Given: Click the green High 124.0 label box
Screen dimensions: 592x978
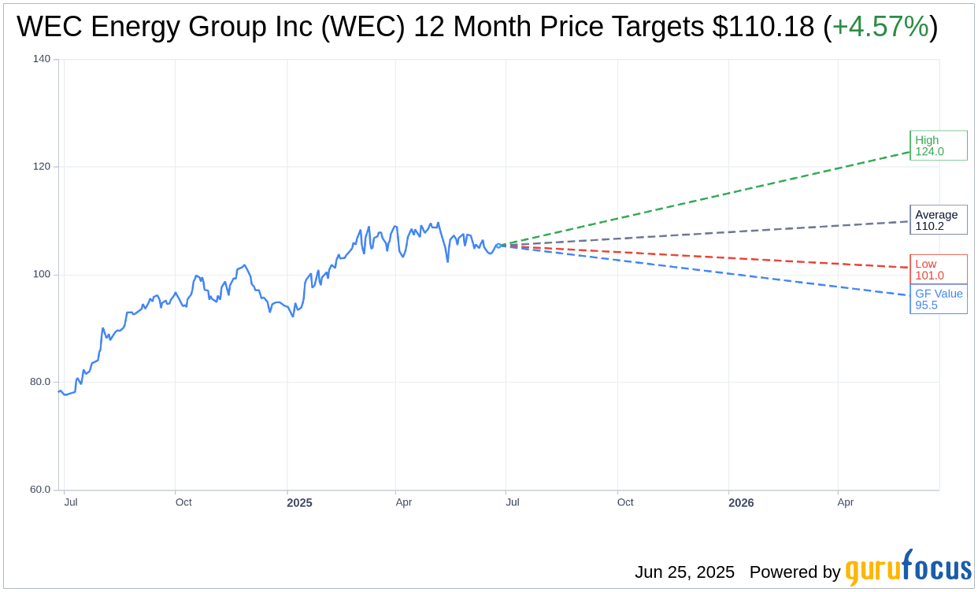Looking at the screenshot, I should point(938,146).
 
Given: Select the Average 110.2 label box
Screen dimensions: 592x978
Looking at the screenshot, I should point(938,220).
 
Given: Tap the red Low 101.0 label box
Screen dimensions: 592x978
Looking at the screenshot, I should point(938,269).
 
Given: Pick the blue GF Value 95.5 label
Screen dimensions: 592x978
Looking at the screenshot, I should point(938,299).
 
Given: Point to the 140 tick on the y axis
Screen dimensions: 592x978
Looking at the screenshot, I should point(41,59).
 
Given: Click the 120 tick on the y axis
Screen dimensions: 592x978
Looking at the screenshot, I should point(41,167).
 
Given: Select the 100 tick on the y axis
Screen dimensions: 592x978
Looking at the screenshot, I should point(41,275).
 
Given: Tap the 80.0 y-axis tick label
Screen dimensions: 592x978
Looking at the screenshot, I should point(39,382).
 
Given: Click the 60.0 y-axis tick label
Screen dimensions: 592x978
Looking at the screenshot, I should point(39,490).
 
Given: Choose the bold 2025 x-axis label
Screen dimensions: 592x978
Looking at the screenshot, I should point(299,503).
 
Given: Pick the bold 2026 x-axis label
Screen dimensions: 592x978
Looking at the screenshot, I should point(741,503).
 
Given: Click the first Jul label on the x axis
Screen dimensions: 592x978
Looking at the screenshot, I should point(71,502).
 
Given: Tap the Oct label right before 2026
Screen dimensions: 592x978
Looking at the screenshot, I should point(625,502).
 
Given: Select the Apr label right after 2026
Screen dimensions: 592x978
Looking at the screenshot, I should point(845,502).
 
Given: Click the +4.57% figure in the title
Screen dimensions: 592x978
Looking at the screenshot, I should point(880,27).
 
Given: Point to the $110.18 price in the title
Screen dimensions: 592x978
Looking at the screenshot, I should point(763,27).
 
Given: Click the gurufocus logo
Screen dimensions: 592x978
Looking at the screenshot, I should point(908,568).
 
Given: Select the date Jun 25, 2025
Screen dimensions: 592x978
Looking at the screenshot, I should point(684,572).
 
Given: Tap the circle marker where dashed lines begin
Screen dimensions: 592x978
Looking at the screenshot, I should point(498,246).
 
